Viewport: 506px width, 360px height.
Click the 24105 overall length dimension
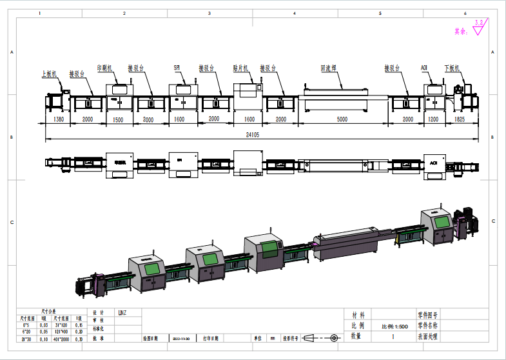point(260,135)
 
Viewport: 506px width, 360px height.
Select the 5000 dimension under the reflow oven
point(342,120)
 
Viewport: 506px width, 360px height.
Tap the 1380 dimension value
point(58,120)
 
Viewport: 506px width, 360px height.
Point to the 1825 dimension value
point(460,120)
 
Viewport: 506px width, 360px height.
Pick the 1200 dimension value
point(433,120)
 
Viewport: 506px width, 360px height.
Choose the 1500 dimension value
point(119,120)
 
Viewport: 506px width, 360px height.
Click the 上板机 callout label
point(49,74)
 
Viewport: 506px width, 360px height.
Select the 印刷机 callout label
point(105,67)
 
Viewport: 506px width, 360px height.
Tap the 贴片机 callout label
point(240,67)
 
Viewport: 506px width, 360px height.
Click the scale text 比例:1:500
point(394,326)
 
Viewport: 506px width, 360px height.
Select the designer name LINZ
point(122,313)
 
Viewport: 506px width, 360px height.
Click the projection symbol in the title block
point(320,337)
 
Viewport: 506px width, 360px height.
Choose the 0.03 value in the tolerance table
point(44,325)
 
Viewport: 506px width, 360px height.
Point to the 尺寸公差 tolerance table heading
point(49,311)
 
